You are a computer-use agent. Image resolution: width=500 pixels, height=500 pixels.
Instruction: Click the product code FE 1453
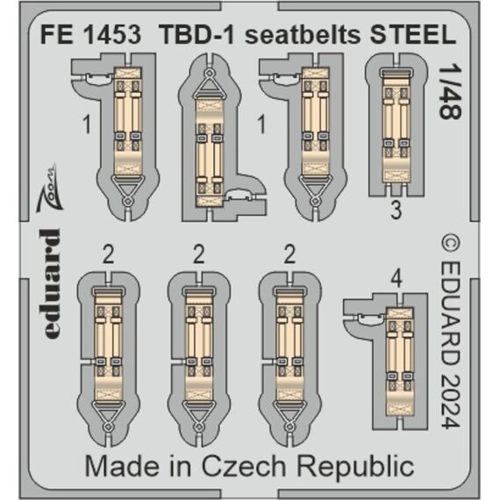click(x=90, y=34)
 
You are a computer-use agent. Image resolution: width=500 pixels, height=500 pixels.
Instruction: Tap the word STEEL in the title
click(x=413, y=34)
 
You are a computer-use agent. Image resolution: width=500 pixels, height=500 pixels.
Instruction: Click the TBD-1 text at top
click(x=196, y=34)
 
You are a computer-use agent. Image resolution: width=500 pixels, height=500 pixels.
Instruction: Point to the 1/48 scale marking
click(x=450, y=92)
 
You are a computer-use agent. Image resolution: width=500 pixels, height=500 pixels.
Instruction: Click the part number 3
click(x=396, y=211)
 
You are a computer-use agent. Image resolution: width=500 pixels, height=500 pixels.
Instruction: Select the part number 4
click(x=396, y=280)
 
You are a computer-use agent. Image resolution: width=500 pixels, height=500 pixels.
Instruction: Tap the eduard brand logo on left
click(x=50, y=284)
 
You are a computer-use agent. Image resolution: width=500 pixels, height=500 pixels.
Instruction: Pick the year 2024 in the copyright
click(x=451, y=401)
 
